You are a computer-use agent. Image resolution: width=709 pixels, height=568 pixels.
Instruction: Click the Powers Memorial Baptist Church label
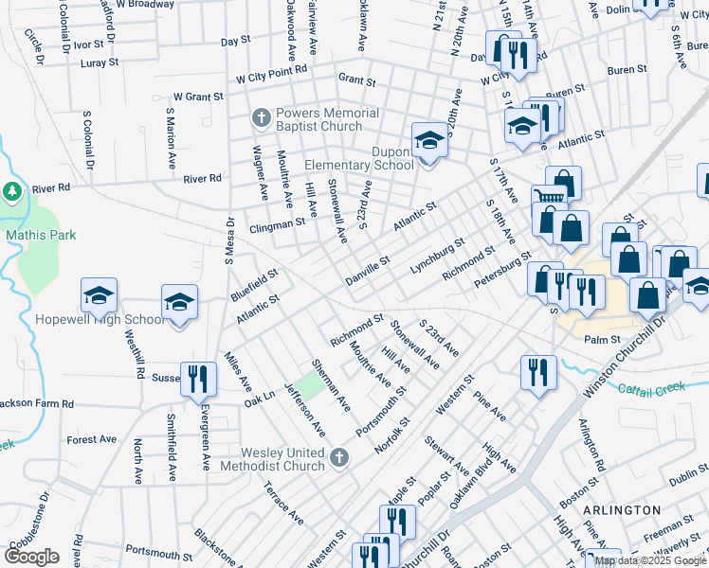point(326,119)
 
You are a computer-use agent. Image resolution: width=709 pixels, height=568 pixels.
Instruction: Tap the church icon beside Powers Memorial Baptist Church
point(261,119)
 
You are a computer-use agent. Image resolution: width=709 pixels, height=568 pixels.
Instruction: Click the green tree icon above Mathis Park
point(12,191)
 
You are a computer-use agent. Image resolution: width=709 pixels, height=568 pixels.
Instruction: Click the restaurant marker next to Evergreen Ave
point(198,378)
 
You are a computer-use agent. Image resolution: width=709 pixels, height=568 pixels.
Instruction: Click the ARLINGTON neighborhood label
point(622,510)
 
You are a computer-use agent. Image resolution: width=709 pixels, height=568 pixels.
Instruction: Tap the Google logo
point(31,557)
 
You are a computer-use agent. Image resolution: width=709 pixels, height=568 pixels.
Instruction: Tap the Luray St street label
point(100,62)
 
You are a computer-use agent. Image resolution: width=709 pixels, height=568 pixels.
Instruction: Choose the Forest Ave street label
point(92,439)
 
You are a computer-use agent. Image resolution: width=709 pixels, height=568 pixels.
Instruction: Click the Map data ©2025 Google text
point(648,560)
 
